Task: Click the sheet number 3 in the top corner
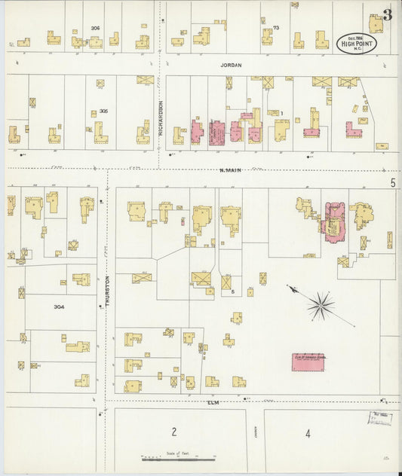coord(387,14)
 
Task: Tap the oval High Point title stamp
coord(356,43)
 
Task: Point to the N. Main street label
coord(230,170)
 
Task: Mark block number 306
coord(95,28)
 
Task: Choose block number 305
coord(103,111)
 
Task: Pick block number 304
coord(60,307)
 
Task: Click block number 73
coord(276,28)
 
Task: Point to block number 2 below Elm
coord(173,432)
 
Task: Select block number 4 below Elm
coord(308,433)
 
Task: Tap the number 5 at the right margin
coord(393,183)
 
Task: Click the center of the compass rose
coord(321,305)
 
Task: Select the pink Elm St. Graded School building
coord(308,362)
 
